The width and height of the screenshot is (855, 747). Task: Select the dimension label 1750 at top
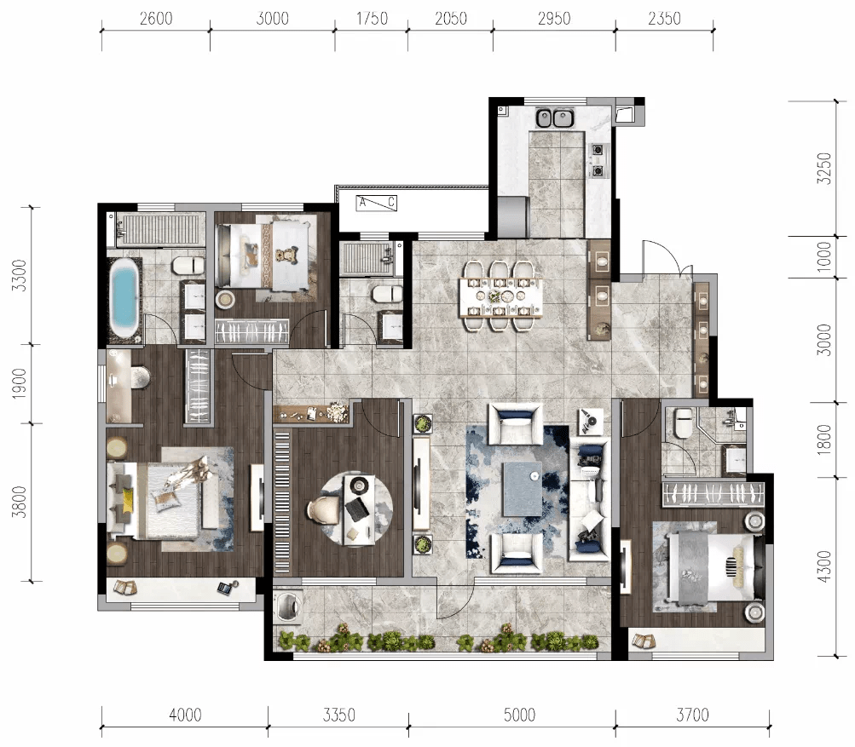[x=372, y=19]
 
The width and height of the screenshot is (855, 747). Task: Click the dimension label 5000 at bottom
[x=519, y=715]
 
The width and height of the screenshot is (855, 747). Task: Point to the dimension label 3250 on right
[x=824, y=169]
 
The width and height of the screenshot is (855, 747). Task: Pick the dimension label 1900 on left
[x=19, y=383]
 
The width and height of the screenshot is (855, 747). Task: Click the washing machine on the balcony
[x=287, y=606]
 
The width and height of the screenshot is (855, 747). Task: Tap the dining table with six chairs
[x=500, y=296]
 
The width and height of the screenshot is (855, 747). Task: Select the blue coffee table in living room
[x=523, y=489]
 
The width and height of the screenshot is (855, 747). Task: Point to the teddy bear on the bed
[x=285, y=255]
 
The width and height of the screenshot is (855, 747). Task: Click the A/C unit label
[x=376, y=203]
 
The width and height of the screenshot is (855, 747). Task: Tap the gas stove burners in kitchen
[x=598, y=160]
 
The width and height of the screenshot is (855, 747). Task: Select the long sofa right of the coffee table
[x=589, y=498]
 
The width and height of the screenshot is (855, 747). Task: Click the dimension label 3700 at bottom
[x=692, y=715]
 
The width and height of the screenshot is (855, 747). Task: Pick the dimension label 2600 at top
[x=156, y=19]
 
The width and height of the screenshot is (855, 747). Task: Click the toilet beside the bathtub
[x=188, y=266]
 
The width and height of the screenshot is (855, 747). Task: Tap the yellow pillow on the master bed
[x=128, y=500]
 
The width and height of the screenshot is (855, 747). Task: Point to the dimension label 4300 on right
[x=824, y=566]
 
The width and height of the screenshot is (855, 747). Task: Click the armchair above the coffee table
[x=515, y=424]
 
